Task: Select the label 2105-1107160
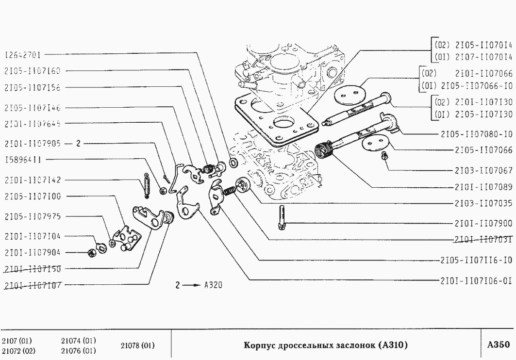click(32, 71)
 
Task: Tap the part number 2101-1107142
click(32, 180)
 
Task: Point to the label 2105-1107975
click(32, 216)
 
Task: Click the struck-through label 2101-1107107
click(32, 286)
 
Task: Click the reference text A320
click(213, 285)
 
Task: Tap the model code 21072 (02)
click(17, 350)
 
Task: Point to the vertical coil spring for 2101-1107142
click(146, 185)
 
